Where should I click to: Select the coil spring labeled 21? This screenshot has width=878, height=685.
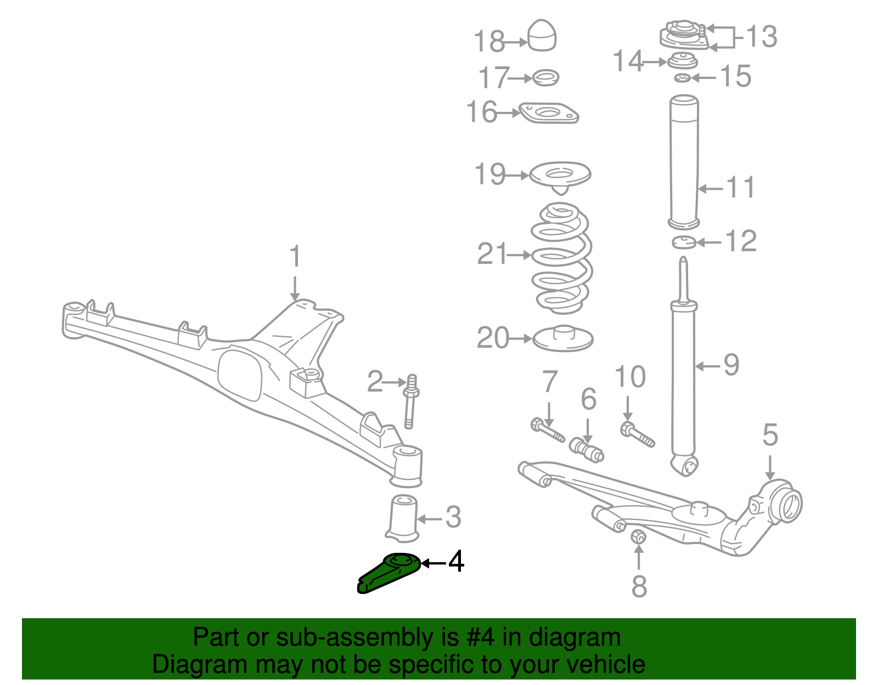[561, 258]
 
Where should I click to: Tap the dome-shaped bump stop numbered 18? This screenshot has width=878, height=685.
[542, 36]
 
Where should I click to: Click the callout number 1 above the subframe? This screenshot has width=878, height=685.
[296, 257]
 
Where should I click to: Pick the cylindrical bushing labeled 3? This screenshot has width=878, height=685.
[403, 518]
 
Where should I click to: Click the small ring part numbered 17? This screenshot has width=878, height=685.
[546, 78]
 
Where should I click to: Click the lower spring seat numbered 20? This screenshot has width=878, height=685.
[563, 339]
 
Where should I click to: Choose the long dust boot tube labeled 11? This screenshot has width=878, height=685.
[684, 162]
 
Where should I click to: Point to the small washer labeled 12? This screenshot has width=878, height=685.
[684, 241]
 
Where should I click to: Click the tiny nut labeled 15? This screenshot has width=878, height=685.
[682, 78]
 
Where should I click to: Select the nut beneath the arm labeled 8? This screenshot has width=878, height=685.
[638, 536]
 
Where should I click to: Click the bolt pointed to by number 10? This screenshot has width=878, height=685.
[637, 434]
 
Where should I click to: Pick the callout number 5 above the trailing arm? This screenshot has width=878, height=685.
[770, 435]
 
